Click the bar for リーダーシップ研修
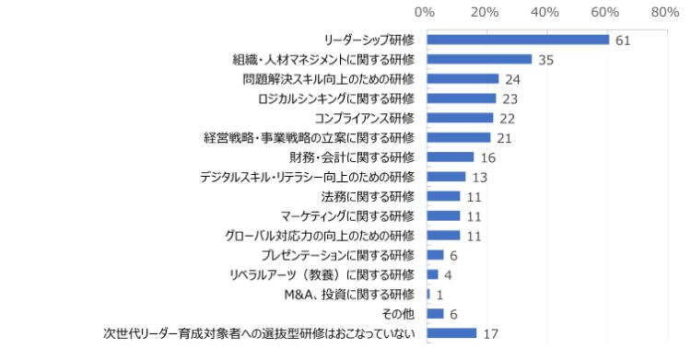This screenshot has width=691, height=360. coord(519,40)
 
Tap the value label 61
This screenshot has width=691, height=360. coord(623,40)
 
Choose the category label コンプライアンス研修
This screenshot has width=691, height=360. coord(365,118)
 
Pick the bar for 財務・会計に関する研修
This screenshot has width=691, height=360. coord(451,157)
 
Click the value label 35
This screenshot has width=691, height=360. coord(545,59)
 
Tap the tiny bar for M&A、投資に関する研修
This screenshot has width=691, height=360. coord(429,294)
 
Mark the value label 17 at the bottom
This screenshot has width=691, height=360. coord(490,333)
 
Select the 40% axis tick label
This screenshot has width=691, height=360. coord(545,13)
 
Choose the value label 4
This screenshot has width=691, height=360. coord(448,274)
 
